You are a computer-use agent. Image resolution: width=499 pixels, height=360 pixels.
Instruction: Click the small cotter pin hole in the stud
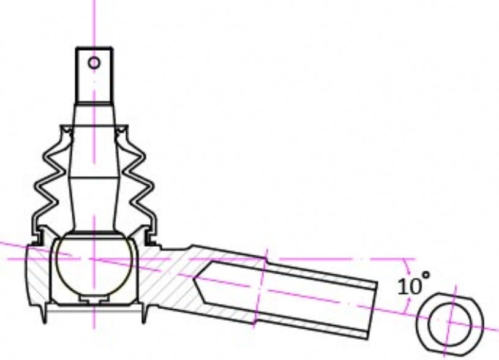(94, 62)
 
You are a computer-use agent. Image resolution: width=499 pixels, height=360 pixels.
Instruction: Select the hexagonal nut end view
(449, 322)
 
